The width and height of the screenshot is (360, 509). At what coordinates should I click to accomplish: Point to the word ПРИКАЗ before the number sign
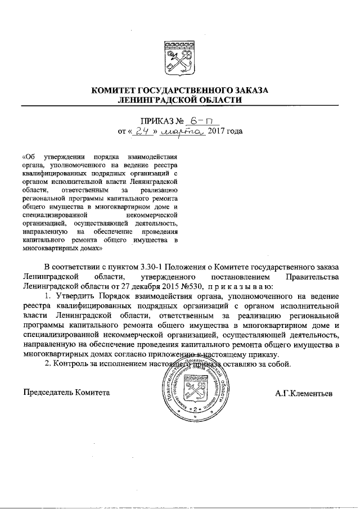(157, 121)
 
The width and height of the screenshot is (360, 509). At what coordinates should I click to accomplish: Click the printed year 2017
(217, 132)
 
